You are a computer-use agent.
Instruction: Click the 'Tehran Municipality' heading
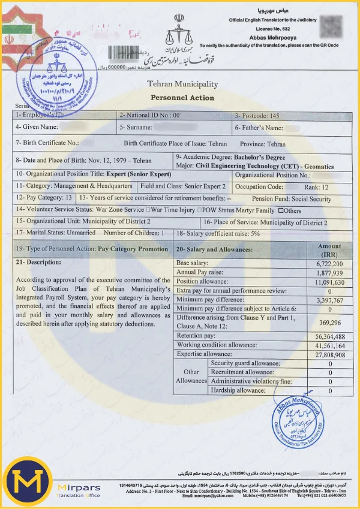point(182,85)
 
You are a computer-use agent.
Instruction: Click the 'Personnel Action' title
point(182,97)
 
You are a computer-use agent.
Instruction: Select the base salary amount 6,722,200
point(329,264)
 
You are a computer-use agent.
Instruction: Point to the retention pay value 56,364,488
point(329,336)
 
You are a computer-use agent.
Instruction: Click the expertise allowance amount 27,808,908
point(329,354)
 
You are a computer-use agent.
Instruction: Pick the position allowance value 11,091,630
point(329,282)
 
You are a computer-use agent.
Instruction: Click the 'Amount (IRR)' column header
point(329,250)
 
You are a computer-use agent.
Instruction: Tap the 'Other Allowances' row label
point(191,377)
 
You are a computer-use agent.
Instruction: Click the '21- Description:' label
point(38,262)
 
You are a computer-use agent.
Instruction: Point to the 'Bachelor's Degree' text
point(260,156)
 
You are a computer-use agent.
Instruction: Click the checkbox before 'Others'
point(280,210)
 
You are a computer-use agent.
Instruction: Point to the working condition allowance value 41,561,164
point(329,345)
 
